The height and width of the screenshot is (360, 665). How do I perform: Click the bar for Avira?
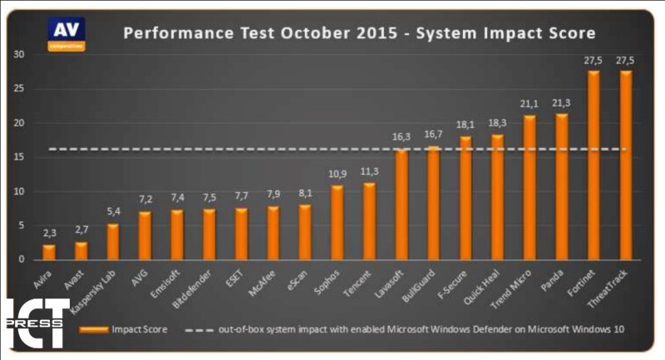pos(49,252)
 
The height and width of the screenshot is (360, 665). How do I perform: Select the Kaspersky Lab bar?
pos(113,242)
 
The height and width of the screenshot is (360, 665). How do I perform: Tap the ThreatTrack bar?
pos(625,165)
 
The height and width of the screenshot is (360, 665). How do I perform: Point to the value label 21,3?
pos(562,104)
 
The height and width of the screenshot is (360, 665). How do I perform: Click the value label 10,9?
pos(337,175)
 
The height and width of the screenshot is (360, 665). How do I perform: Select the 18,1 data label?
pos(465,126)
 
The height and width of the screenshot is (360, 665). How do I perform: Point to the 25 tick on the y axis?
pos(19,89)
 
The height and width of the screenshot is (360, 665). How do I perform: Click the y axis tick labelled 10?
pos(19,191)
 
